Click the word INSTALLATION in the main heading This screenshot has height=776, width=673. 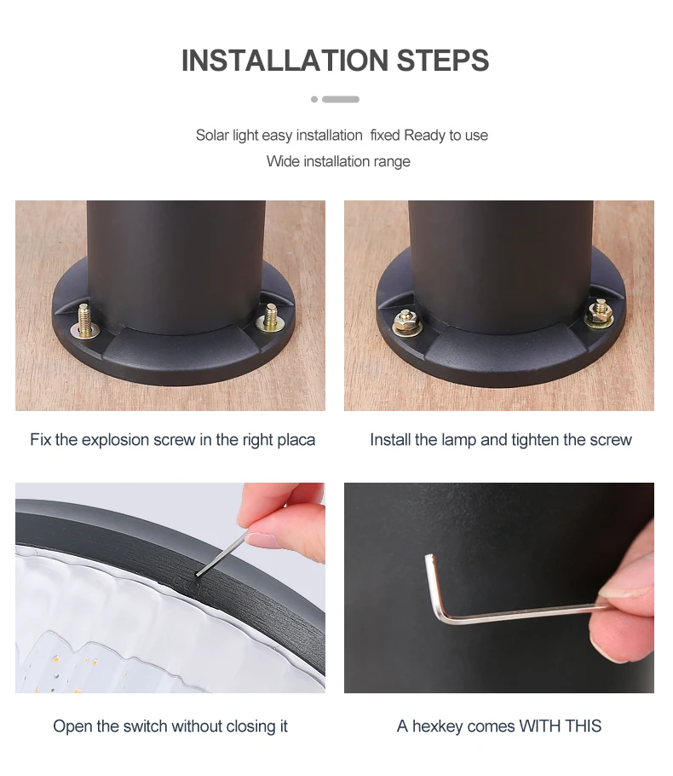(285, 61)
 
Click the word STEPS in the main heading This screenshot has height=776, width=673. (443, 61)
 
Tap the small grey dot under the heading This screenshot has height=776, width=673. (314, 100)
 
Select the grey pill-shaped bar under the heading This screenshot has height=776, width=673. (341, 100)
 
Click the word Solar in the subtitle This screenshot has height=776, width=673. (212, 135)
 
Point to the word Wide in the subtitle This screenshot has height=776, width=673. (283, 161)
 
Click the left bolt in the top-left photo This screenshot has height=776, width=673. (84, 321)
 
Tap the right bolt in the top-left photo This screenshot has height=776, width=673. (270, 318)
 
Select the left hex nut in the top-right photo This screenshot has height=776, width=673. (406, 321)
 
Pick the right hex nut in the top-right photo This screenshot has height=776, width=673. (600, 313)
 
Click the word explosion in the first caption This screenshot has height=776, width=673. (138, 439)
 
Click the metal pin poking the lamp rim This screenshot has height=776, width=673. (221, 554)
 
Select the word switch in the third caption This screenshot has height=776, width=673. (146, 726)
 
